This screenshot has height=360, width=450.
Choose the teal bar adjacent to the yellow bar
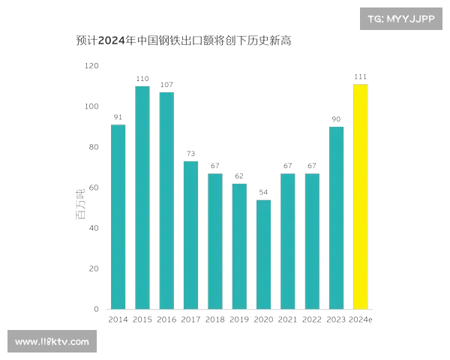pyautogui.click(x=336, y=217)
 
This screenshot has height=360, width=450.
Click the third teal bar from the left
pyautogui.click(x=166, y=199)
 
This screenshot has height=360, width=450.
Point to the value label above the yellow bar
pyautogui.click(x=361, y=78)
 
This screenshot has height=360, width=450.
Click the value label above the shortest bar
pyautogui.click(x=263, y=192)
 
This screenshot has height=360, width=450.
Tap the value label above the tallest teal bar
pyautogui.click(x=141, y=78)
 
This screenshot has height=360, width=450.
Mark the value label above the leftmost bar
pyautogui.click(x=117, y=118)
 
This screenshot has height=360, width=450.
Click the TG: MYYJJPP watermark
pyautogui.click(x=401, y=19)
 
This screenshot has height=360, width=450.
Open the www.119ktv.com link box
pyautogui.click(x=52, y=342)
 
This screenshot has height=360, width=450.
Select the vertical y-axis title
pyautogui.click(x=79, y=203)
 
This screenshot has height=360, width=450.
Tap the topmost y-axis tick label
pyautogui.click(x=93, y=66)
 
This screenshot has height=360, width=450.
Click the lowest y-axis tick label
pyautogui.click(x=96, y=308)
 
